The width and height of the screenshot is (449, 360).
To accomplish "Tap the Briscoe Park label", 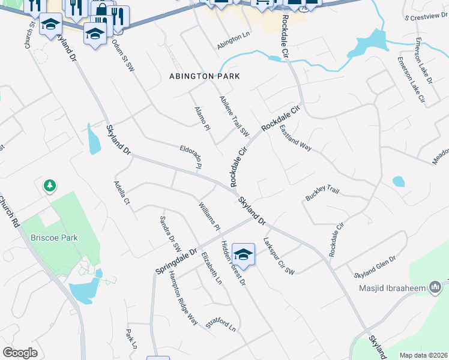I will coord(54,238).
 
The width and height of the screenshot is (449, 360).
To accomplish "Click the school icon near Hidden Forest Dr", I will coord(243,254).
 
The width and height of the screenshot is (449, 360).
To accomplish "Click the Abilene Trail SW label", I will coord(234,116).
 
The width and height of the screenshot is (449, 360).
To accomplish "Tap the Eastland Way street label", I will coord(295,138).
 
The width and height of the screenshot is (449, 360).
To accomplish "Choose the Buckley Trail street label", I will coord(322,193).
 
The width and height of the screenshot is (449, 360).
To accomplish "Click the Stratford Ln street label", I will coord(220,325).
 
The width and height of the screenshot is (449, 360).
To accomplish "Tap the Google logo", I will coord(20,353).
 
